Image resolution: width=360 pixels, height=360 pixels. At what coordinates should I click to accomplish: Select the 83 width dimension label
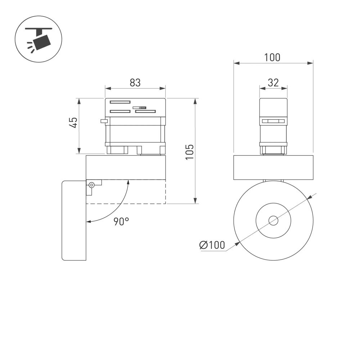(x=135, y=82)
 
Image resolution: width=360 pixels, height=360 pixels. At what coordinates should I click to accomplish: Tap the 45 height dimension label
(x=73, y=122)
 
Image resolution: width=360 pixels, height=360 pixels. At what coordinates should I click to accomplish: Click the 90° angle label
(x=121, y=221)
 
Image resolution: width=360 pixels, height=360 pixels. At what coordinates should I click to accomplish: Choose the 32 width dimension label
(x=273, y=82)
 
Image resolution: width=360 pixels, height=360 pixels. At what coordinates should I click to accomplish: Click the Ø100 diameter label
(x=212, y=245)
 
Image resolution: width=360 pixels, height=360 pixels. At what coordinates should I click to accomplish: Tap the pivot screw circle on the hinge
(x=92, y=185)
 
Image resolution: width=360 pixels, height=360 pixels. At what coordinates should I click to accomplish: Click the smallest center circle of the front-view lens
(x=273, y=220)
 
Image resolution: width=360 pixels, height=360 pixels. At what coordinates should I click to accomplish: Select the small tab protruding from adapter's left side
(x=103, y=121)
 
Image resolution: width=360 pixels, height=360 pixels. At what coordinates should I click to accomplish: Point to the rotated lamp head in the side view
(x=74, y=220)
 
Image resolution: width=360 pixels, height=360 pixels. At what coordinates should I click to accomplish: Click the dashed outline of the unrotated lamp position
(x=144, y=204)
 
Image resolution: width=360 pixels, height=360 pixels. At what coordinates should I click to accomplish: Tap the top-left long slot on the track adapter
(x=120, y=102)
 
